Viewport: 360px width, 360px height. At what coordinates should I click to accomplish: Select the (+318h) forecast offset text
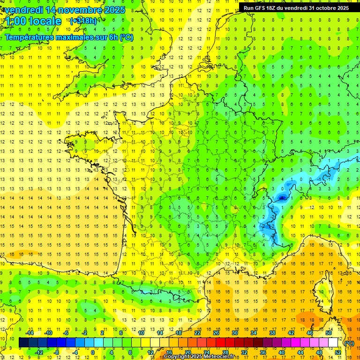pos(83,21)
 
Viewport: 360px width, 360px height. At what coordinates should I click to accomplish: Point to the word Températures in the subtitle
pos(32,37)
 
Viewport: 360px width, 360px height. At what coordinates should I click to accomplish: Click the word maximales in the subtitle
pos(78,37)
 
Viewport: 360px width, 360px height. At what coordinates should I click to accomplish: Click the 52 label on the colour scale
pos(337,352)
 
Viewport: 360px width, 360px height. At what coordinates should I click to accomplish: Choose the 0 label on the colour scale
pos(93,352)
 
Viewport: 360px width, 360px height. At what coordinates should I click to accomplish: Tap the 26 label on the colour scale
pos(216,332)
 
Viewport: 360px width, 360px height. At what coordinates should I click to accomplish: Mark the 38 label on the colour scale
pos(272,332)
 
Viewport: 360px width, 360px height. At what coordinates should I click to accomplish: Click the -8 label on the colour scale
pos(56,352)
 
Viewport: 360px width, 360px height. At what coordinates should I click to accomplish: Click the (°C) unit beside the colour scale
pos(349,343)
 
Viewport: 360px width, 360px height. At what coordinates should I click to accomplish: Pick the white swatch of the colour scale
pos(333,343)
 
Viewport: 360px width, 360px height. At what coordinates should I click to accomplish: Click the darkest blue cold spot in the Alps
pos(282,198)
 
